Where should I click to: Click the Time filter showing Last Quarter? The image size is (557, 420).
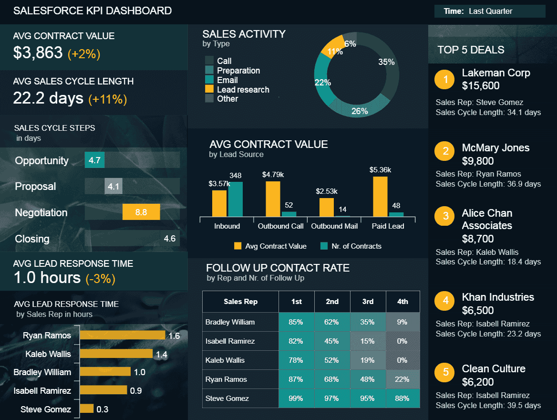point(490,11)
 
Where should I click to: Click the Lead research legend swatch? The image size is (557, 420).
point(209,89)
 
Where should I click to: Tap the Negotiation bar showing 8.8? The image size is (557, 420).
point(141,212)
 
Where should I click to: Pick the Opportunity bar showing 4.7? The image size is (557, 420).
point(94,160)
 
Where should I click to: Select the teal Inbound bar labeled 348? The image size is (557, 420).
point(235,199)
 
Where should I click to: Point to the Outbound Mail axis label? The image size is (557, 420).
point(334,226)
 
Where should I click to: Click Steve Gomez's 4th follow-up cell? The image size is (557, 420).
point(402,399)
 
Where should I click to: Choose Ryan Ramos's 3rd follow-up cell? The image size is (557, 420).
point(367,379)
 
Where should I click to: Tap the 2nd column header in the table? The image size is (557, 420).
point(332,302)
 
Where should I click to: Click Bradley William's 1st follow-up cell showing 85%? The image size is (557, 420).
point(296,322)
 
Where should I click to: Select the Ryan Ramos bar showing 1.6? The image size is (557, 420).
point(122,336)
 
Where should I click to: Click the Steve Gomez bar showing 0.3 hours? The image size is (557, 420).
point(87,409)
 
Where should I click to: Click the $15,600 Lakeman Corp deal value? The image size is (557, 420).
point(481,86)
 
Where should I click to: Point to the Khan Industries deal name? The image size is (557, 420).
point(498,297)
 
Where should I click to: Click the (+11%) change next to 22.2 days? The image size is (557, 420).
point(107,99)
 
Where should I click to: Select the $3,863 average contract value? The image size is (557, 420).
point(38,53)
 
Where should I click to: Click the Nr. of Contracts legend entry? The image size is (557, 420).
point(356,246)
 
